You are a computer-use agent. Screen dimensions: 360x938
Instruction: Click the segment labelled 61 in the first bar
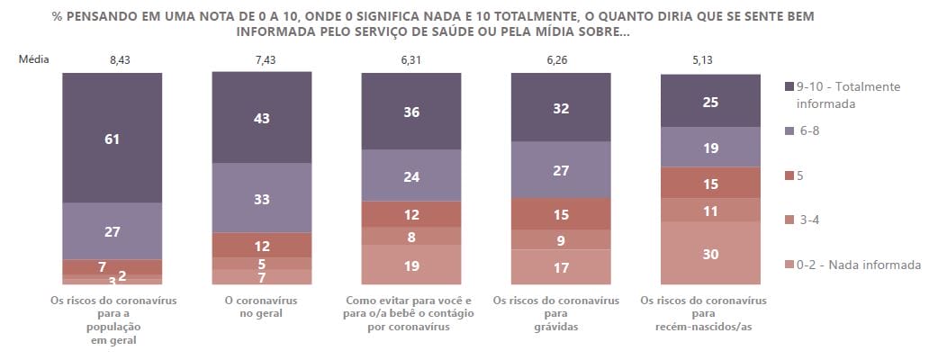113,139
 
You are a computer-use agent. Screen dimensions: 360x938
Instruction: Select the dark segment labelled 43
262,118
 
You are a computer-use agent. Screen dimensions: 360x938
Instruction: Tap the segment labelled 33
262,198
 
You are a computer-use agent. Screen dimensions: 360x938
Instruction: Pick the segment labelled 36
411,112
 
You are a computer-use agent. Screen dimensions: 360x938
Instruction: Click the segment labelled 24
411,175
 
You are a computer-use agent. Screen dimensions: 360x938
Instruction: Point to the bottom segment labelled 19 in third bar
411,265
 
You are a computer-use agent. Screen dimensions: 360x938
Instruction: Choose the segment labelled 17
561,267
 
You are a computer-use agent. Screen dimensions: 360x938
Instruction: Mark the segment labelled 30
710,254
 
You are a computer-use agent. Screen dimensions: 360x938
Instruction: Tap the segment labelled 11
710,210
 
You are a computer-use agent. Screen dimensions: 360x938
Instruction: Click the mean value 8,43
113,59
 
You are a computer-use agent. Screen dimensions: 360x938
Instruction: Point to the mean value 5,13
710,59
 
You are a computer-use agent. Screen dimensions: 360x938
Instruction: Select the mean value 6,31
411,59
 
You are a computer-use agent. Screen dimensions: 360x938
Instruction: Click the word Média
33,59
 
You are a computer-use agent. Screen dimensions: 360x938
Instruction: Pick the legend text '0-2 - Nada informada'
860,265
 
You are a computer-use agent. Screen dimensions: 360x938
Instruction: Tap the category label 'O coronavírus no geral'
262,307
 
